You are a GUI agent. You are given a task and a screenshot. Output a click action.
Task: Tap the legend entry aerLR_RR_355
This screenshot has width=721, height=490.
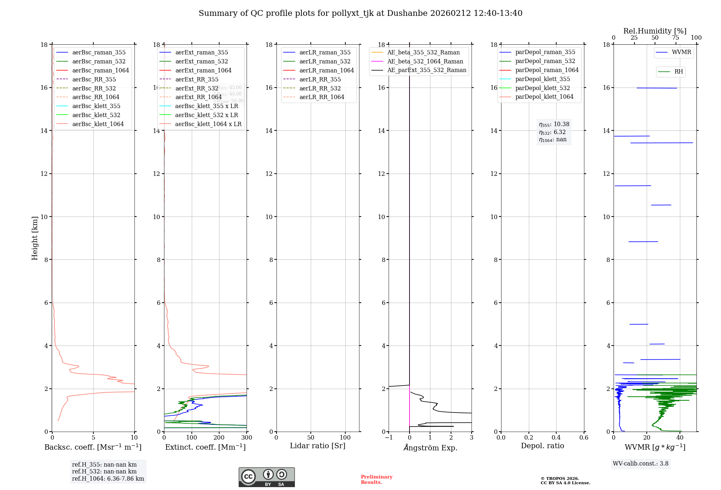320,79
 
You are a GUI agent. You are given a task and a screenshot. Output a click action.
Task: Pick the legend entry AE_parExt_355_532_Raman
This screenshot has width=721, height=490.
426,70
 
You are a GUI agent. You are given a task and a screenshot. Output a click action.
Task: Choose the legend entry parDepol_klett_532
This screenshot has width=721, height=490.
543,88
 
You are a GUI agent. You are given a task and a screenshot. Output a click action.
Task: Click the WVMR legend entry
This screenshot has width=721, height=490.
681,52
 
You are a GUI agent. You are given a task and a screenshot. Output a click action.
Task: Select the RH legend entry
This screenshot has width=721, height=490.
678,72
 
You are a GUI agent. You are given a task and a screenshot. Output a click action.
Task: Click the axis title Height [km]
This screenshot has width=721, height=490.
35,238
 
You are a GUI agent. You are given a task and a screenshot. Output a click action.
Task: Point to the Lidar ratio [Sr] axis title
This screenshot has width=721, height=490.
318,446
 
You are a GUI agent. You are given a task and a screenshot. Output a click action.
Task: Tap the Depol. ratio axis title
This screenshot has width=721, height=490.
542,446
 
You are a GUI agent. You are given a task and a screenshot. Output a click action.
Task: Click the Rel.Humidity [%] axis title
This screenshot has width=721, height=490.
655,31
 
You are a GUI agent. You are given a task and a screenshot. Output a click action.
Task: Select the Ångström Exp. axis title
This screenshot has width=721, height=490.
430,447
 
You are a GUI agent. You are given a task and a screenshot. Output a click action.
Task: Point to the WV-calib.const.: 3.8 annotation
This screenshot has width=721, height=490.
641,463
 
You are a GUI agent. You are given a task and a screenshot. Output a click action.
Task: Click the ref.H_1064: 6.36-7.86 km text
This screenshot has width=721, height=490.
108,478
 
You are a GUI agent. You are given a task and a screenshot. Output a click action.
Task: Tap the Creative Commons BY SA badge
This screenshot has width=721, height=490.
266,477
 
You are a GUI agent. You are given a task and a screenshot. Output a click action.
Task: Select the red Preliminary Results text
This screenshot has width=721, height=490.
376,479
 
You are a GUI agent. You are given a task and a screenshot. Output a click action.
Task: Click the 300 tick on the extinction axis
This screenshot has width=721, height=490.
247,437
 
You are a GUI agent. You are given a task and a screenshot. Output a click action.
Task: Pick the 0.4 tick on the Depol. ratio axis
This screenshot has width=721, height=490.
556,437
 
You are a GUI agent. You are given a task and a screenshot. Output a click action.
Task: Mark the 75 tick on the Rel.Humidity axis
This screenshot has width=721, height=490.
676,38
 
